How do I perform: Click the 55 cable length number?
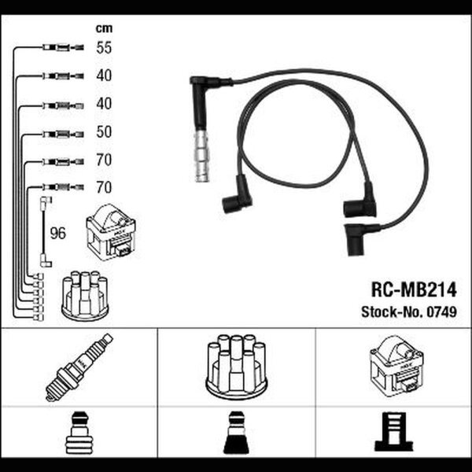104,48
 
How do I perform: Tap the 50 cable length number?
104,132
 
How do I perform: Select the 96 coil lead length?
57,234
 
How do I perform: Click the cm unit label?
104,28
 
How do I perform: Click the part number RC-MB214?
414,289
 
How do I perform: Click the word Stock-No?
393,312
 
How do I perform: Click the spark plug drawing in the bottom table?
79,367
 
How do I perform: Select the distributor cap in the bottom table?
237,368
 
